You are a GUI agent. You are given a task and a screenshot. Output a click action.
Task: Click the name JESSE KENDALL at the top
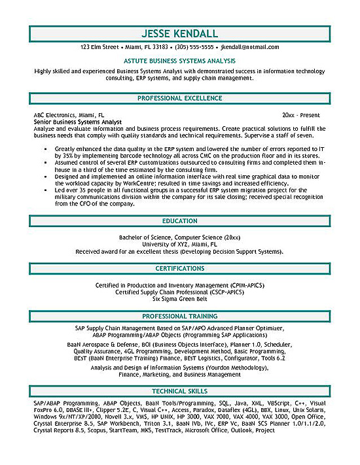(x=180, y=33)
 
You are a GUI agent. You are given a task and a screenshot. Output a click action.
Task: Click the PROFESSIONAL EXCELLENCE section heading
(x=180, y=97)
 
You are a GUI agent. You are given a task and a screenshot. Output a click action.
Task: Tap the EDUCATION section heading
(x=180, y=221)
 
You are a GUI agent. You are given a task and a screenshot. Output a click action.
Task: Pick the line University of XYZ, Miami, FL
(x=180, y=244)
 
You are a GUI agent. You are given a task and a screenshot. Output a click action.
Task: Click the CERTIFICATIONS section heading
(x=180, y=268)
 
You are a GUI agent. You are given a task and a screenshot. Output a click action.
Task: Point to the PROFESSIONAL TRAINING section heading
(x=180, y=316)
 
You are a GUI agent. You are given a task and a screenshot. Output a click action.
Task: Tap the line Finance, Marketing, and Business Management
(x=180, y=375)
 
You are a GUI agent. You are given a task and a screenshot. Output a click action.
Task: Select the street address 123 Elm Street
(x=99, y=48)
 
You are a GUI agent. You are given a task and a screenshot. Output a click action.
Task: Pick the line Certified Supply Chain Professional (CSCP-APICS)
(x=180, y=292)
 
